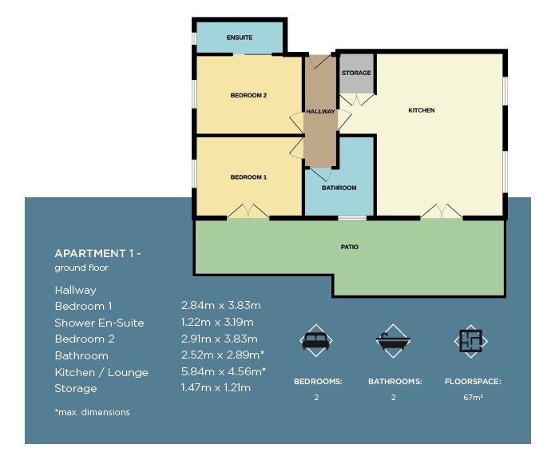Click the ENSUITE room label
point(240,38)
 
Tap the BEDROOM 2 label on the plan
point(248,95)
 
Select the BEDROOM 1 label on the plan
point(248,177)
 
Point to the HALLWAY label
point(320,111)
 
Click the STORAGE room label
point(356,73)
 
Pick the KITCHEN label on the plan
point(422,110)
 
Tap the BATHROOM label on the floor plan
point(339,188)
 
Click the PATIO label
point(349,247)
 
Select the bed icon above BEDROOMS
point(316,340)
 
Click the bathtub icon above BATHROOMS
point(393,341)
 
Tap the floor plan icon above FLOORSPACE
point(470,341)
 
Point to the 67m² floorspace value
point(473,398)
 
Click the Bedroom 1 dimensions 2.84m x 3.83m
point(220,306)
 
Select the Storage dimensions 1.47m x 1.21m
point(216,388)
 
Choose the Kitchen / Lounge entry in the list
point(101,372)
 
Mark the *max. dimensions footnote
point(92,412)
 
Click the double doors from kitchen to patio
point(442,211)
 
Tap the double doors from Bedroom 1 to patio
point(248,211)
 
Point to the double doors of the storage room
point(357,99)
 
